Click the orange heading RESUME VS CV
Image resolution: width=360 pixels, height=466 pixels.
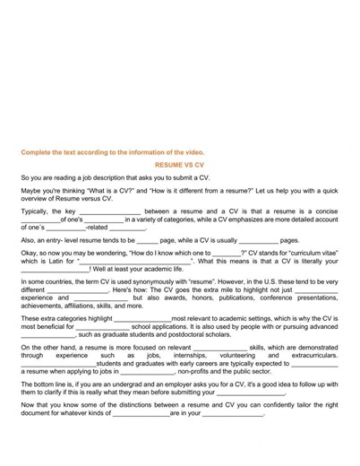(179, 165)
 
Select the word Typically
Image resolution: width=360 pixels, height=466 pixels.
(36, 211)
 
